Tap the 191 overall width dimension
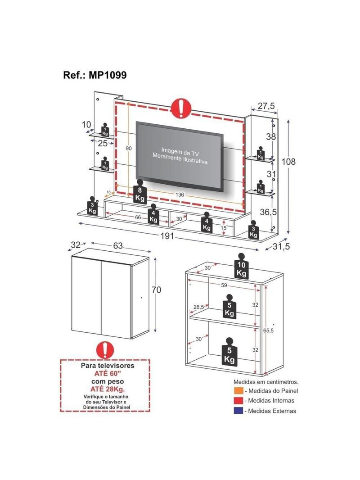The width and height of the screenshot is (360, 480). [x=167, y=238]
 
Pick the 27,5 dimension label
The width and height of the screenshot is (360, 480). [x=266, y=106]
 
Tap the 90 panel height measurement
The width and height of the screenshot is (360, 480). [x=129, y=149]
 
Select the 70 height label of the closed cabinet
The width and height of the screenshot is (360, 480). [x=156, y=290]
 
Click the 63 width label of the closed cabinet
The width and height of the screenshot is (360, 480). [x=118, y=246]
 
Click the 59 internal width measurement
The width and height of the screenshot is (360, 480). [x=224, y=285]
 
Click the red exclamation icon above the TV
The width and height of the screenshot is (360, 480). [x=181, y=108]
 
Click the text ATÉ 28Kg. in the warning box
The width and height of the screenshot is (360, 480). [x=106, y=389]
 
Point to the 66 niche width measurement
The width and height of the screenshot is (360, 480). [x=138, y=217]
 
